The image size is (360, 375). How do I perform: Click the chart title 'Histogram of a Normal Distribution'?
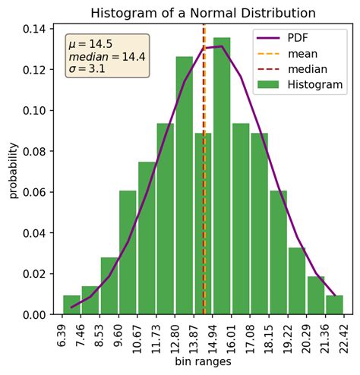tap(204, 13)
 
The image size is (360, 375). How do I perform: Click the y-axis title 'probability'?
tap(13, 171)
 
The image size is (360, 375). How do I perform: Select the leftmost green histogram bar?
tap(71, 305)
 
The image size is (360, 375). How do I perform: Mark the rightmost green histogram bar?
tap(335, 305)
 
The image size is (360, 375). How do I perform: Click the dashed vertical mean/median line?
tap(204, 190)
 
